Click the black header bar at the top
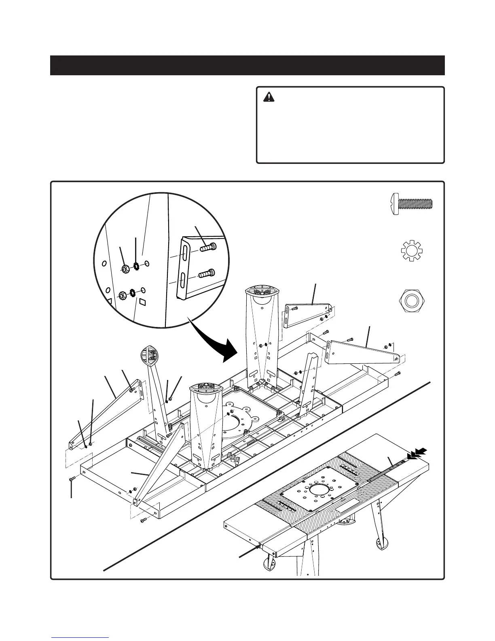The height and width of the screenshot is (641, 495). coord(247,65)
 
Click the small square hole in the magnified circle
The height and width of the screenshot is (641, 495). coord(142,301)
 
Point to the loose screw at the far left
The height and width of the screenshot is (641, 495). coord(72,479)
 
